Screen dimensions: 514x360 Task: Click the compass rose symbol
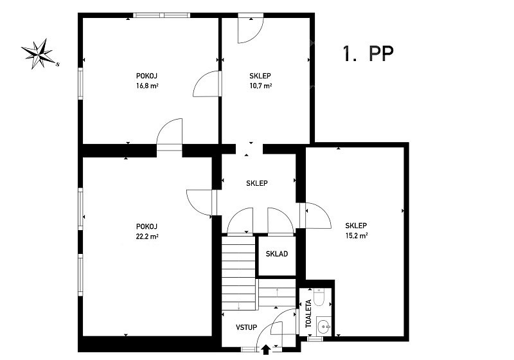tap(39, 54)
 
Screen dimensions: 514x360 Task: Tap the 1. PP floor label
tap(368, 53)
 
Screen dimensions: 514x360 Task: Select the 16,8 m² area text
tap(147, 86)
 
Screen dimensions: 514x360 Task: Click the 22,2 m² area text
tap(147, 237)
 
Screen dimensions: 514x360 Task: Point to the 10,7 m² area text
tap(261, 86)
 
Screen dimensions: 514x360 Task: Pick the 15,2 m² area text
tap(357, 235)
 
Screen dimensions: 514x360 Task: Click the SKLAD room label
tap(277, 254)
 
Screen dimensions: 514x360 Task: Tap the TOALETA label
tap(308, 314)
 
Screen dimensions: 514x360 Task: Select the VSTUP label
tap(246, 327)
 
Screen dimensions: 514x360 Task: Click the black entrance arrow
tap(266, 350)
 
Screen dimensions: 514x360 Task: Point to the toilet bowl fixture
tap(319, 297)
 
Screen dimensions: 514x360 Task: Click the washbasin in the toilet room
tap(324, 326)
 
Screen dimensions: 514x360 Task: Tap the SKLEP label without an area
tap(256, 183)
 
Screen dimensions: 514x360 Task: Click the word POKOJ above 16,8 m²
tap(147, 76)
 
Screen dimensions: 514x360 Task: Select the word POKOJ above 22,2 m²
tap(147, 226)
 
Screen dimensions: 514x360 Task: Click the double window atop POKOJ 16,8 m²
tap(162, 15)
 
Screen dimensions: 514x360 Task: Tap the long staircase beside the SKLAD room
tap(238, 273)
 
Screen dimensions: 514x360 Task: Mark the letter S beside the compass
tap(58, 64)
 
